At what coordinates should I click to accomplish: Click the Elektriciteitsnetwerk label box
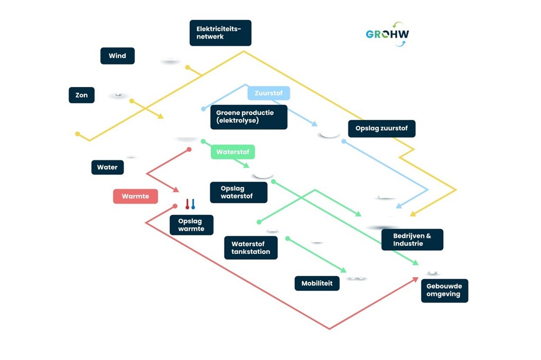(220, 33)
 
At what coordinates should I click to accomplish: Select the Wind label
(117, 56)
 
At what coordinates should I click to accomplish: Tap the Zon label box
(81, 95)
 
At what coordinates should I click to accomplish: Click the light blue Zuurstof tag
(268, 93)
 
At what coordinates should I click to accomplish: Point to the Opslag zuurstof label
(381, 129)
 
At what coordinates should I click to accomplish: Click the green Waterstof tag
(233, 152)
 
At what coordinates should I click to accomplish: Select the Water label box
(107, 167)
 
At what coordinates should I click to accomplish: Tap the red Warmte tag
(135, 196)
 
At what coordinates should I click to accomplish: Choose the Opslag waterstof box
(238, 193)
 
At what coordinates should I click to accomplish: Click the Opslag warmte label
(191, 225)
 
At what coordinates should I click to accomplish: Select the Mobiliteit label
(317, 283)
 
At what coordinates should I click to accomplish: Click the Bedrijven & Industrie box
(412, 240)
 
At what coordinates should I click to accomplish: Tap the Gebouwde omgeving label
(444, 290)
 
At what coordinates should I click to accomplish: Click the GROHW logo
(387, 34)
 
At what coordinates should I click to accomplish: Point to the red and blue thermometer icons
(190, 204)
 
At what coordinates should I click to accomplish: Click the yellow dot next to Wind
(187, 67)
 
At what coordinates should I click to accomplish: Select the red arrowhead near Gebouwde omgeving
(415, 279)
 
